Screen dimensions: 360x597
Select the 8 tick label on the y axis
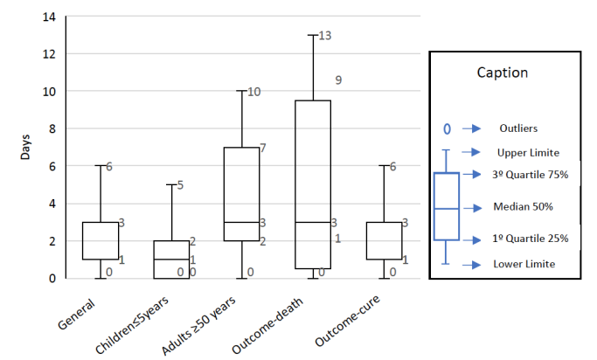pos(52,128)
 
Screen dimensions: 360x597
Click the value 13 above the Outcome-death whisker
pos(326,36)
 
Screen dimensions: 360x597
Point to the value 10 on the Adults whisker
pos(254,92)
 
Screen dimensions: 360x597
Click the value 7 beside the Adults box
pos(262,148)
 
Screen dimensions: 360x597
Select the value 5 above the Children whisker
pos(179,185)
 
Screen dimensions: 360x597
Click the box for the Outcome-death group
pos(313,184)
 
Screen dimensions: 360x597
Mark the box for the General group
pos(100,240)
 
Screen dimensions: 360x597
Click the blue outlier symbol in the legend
pos(446,128)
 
